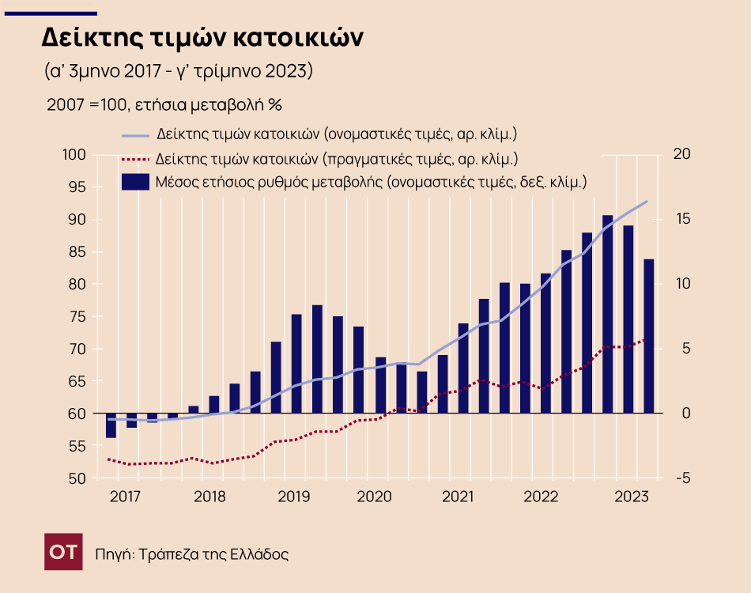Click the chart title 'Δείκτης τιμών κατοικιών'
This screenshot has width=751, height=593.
(x=202, y=37)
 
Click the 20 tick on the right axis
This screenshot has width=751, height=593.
(x=681, y=154)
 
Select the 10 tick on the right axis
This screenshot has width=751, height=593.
(x=681, y=284)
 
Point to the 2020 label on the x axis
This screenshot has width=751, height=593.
(x=374, y=497)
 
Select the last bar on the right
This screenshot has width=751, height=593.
(x=648, y=336)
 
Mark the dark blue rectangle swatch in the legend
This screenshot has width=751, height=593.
(x=135, y=182)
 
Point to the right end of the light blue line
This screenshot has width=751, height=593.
(x=647, y=201)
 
